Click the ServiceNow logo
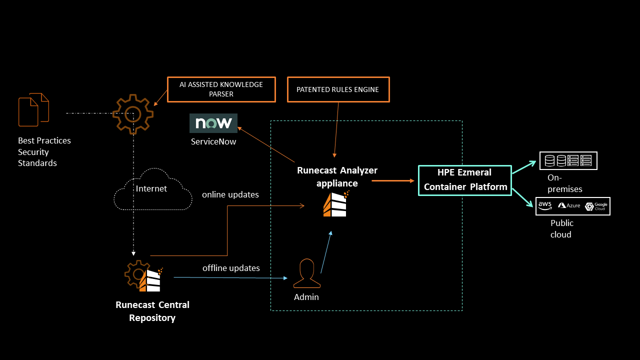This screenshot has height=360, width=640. [x=213, y=123]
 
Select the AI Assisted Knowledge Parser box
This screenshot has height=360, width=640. [x=221, y=89]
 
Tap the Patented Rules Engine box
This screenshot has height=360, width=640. [x=337, y=89]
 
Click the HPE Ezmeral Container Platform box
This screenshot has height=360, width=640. [x=464, y=180]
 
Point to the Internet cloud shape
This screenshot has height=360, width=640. [x=153, y=189]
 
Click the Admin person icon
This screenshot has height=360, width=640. [x=306, y=273]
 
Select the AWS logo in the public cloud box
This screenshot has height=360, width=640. [x=545, y=206]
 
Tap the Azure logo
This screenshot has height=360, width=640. [x=569, y=206]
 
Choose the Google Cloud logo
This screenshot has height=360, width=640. [x=596, y=206]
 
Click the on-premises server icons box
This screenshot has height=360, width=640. [x=568, y=160]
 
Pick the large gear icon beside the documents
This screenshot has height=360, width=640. [x=132, y=114]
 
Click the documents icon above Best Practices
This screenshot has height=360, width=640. [x=33, y=109]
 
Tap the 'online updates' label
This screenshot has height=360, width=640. [x=230, y=194]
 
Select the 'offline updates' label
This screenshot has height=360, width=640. [x=231, y=268]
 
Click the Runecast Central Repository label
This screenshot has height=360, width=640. [x=152, y=311]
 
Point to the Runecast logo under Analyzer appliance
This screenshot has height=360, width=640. [x=335, y=204]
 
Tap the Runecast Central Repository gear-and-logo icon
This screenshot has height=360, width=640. [x=143, y=276]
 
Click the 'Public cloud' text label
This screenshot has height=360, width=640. [x=561, y=228]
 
